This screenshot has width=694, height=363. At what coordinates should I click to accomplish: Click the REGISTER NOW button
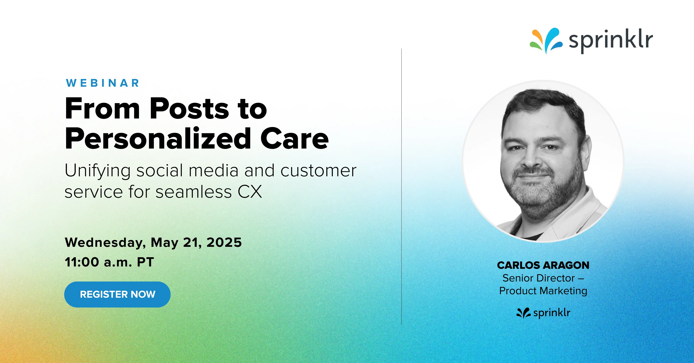tap(117, 294)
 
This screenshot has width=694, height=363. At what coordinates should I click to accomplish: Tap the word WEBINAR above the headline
tap(103, 83)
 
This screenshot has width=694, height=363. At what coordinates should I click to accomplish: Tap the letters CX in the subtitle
tap(249, 192)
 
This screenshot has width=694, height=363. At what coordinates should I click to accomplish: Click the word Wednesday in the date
tap(105, 243)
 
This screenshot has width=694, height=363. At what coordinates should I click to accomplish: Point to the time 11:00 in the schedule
tap(82, 262)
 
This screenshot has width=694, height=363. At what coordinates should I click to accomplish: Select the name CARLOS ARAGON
tap(543, 265)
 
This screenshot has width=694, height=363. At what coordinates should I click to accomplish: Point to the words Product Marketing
tap(543, 291)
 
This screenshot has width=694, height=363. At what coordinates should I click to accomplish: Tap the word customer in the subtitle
tap(318, 171)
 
